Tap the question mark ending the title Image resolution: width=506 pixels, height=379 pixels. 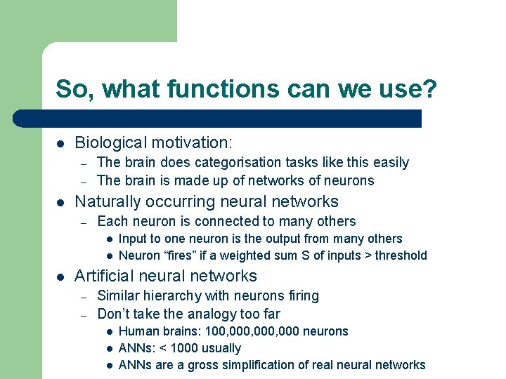(430, 89)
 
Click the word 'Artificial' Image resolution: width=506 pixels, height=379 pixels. (106, 276)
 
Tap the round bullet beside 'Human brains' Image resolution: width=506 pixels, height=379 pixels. (110, 331)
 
